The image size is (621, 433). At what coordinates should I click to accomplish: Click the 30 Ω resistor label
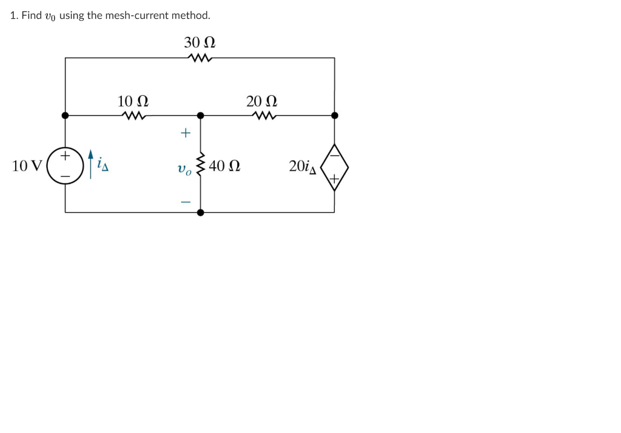(x=200, y=42)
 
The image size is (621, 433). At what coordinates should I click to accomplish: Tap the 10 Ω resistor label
(x=133, y=101)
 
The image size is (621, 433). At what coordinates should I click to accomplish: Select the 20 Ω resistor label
(x=262, y=101)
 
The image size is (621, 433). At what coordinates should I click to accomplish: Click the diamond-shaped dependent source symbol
(x=334, y=167)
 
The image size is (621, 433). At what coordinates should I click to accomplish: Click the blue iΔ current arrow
(x=91, y=165)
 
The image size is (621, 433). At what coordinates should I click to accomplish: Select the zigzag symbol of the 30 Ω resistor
(x=200, y=58)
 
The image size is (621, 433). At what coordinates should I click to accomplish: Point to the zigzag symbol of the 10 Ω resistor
(x=133, y=115)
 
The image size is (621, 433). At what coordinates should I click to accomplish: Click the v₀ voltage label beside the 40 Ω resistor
(x=184, y=170)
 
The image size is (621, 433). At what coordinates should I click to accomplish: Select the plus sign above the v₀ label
(x=186, y=133)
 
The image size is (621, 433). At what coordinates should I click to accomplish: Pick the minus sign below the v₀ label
(x=186, y=202)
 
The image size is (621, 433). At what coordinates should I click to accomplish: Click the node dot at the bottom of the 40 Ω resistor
(x=200, y=213)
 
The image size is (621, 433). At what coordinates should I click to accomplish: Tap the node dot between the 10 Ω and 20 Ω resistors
(x=200, y=115)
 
